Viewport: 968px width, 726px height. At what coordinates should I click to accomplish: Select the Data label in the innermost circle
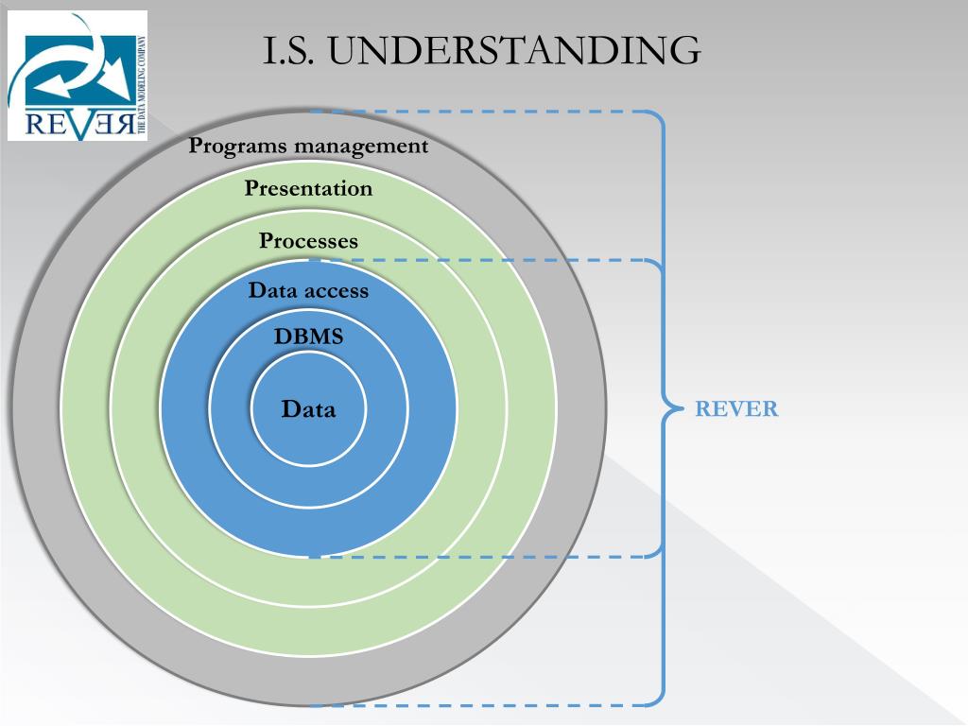tap(308, 409)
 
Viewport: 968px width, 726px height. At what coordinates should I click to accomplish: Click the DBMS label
tap(308, 336)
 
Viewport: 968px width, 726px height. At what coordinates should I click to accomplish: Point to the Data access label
tap(308, 290)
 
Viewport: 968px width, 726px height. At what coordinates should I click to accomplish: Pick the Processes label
tap(308, 241)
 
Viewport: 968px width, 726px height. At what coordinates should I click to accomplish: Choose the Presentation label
tap(308, 188)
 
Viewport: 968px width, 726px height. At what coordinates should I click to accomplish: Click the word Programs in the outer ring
tap(236, 147)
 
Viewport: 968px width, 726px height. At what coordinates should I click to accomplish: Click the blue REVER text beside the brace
tap(736, 409)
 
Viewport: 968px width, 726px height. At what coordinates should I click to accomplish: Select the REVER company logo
tap(78, 76)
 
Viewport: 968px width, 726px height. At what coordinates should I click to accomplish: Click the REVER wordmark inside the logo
tap(66, 124)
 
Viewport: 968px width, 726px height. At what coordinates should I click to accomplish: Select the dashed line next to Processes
tap(492, 260)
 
